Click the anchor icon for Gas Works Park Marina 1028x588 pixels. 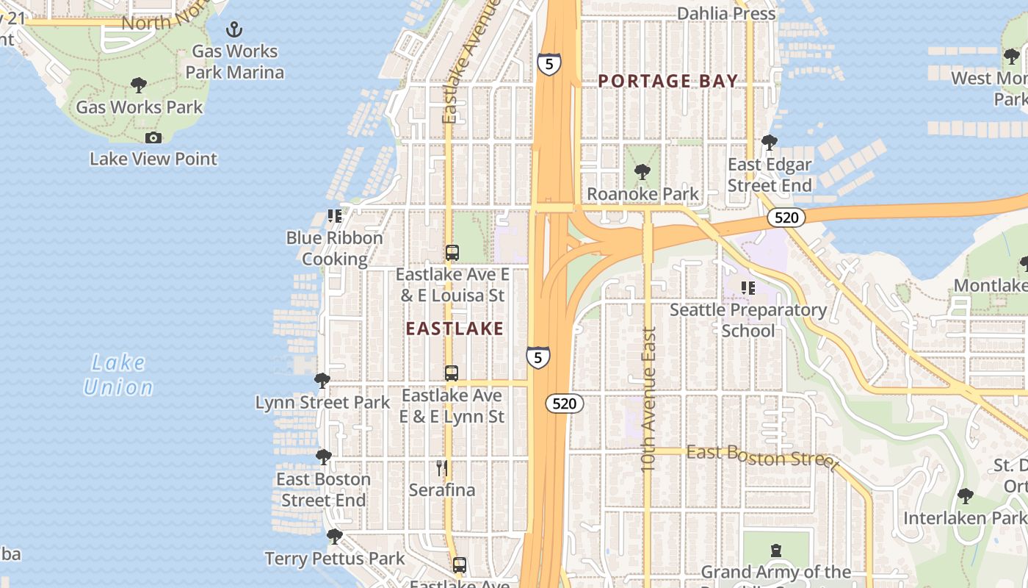[234, 29]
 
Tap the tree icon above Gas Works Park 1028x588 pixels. [139, 85]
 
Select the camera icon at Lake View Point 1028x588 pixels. [153, 137]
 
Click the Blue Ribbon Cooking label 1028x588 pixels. [334, 248]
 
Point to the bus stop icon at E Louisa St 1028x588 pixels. [452, 253]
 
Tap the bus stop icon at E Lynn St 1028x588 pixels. [452, 373]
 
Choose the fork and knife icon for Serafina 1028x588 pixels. [442, 468]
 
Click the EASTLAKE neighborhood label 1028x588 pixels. [455, 329]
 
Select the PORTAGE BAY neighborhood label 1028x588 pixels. [667, 81]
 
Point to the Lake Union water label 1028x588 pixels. [118, 375]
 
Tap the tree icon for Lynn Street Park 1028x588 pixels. [322, 380]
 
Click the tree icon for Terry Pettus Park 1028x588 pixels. [334, 537]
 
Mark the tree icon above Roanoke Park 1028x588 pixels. [642, 172]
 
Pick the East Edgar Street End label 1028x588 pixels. [770, 175]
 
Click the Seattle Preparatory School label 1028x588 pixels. [748, 320]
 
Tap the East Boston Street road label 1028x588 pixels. [762, 456]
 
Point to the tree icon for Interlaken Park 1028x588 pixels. [966, 496]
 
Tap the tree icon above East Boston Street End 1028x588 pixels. [323, 457]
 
